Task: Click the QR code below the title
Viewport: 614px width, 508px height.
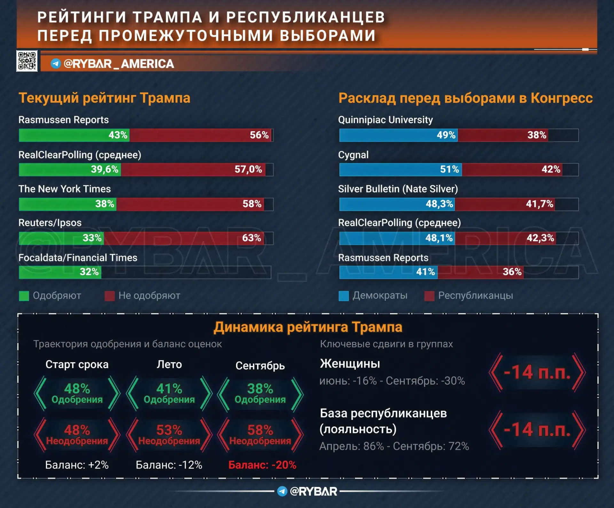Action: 27,61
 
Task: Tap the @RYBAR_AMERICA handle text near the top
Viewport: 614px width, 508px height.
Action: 119,64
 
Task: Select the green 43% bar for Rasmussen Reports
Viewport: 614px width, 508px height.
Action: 74,135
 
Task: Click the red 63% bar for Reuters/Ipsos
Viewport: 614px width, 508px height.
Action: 184,238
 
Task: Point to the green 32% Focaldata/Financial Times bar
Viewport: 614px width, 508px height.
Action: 60,272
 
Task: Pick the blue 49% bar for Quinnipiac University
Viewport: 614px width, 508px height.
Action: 398,135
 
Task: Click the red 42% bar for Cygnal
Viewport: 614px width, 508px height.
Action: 512,169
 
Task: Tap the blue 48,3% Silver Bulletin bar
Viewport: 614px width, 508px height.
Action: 397,204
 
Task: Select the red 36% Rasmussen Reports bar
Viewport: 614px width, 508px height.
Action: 481,272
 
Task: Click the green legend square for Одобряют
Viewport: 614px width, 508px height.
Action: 24,296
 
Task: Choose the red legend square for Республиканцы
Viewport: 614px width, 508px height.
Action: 429,296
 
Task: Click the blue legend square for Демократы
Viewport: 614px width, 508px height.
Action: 344,296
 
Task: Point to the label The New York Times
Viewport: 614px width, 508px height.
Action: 65,189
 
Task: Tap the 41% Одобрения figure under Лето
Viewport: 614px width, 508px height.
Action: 169,394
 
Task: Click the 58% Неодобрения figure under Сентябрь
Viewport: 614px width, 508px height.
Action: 260,435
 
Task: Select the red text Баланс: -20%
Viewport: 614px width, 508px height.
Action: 262,465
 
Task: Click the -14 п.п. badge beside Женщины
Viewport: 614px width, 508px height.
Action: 537,372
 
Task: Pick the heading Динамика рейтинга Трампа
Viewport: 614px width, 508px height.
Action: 308,327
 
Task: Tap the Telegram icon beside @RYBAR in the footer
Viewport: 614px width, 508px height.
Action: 282,491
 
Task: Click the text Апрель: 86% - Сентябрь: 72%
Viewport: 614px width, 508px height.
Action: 394,446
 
